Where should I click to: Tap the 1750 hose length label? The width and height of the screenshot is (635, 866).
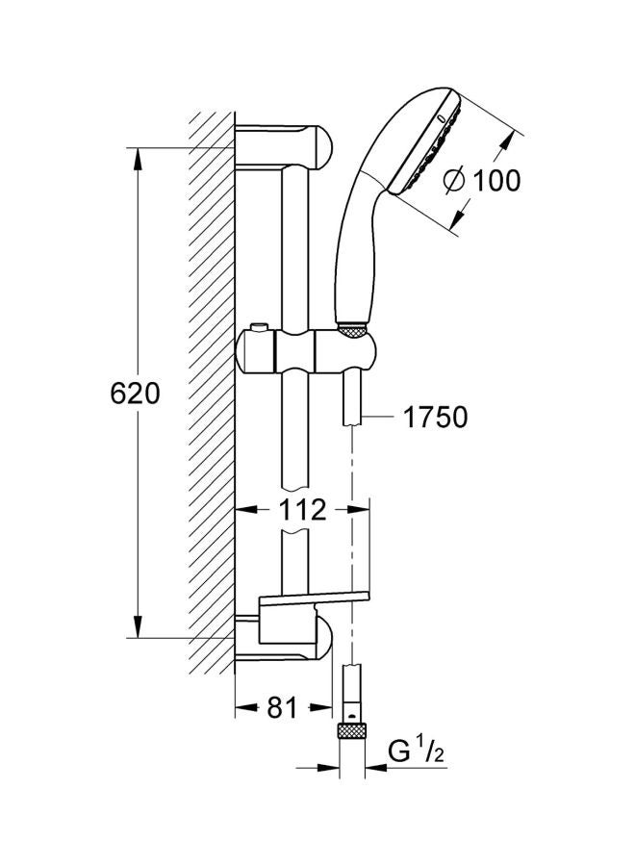click(x=435, y=417)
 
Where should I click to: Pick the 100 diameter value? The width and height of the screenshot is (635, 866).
click(x=496, y=181)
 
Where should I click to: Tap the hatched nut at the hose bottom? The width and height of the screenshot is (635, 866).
click(x=352, y=729)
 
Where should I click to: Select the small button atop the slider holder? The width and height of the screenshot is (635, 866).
click(x=258, y=328)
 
